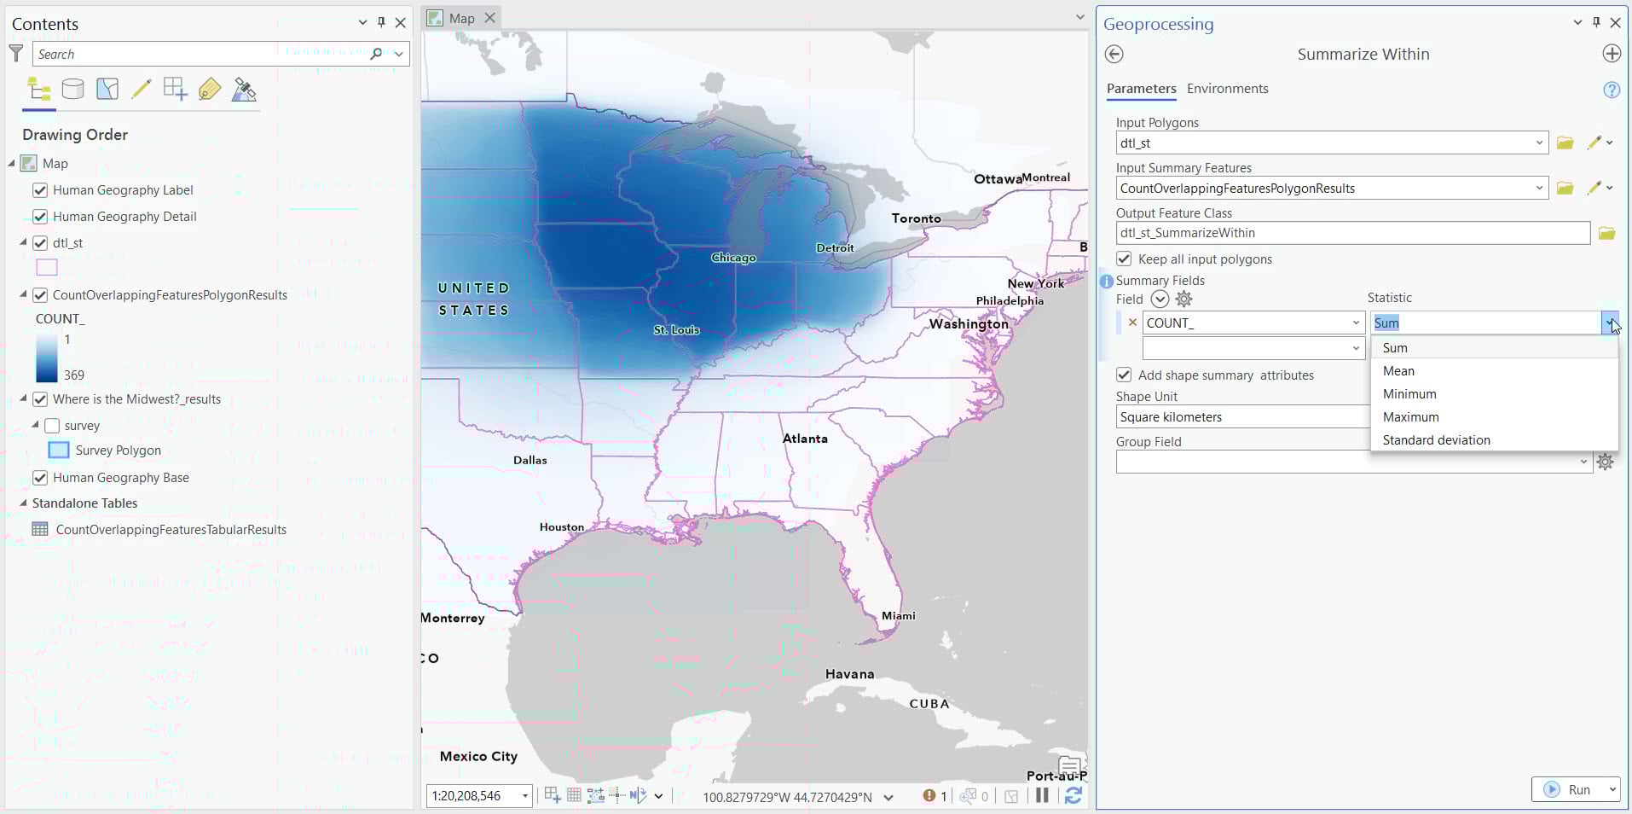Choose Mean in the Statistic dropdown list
pos(1398,371)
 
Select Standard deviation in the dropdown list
pos(1436,440)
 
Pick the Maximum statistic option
pos(1410,417)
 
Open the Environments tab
pos(1227,89)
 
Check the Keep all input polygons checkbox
pos(1124,259)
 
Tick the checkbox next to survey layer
pos(52,426)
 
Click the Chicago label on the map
pos(733,258)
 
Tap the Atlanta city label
pos(805,439)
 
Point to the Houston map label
pos(561,527)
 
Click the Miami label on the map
pos(899,616)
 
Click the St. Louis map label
pos(676,330)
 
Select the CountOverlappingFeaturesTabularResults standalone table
pos(171,530)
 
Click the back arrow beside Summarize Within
pos(1114,55)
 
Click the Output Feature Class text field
pos(1351,233)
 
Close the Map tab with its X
pos(489,18)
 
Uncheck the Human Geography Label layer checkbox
pos(40,190)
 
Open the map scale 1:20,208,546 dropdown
pos(525,796)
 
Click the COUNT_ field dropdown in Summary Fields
pos(1356,323)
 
